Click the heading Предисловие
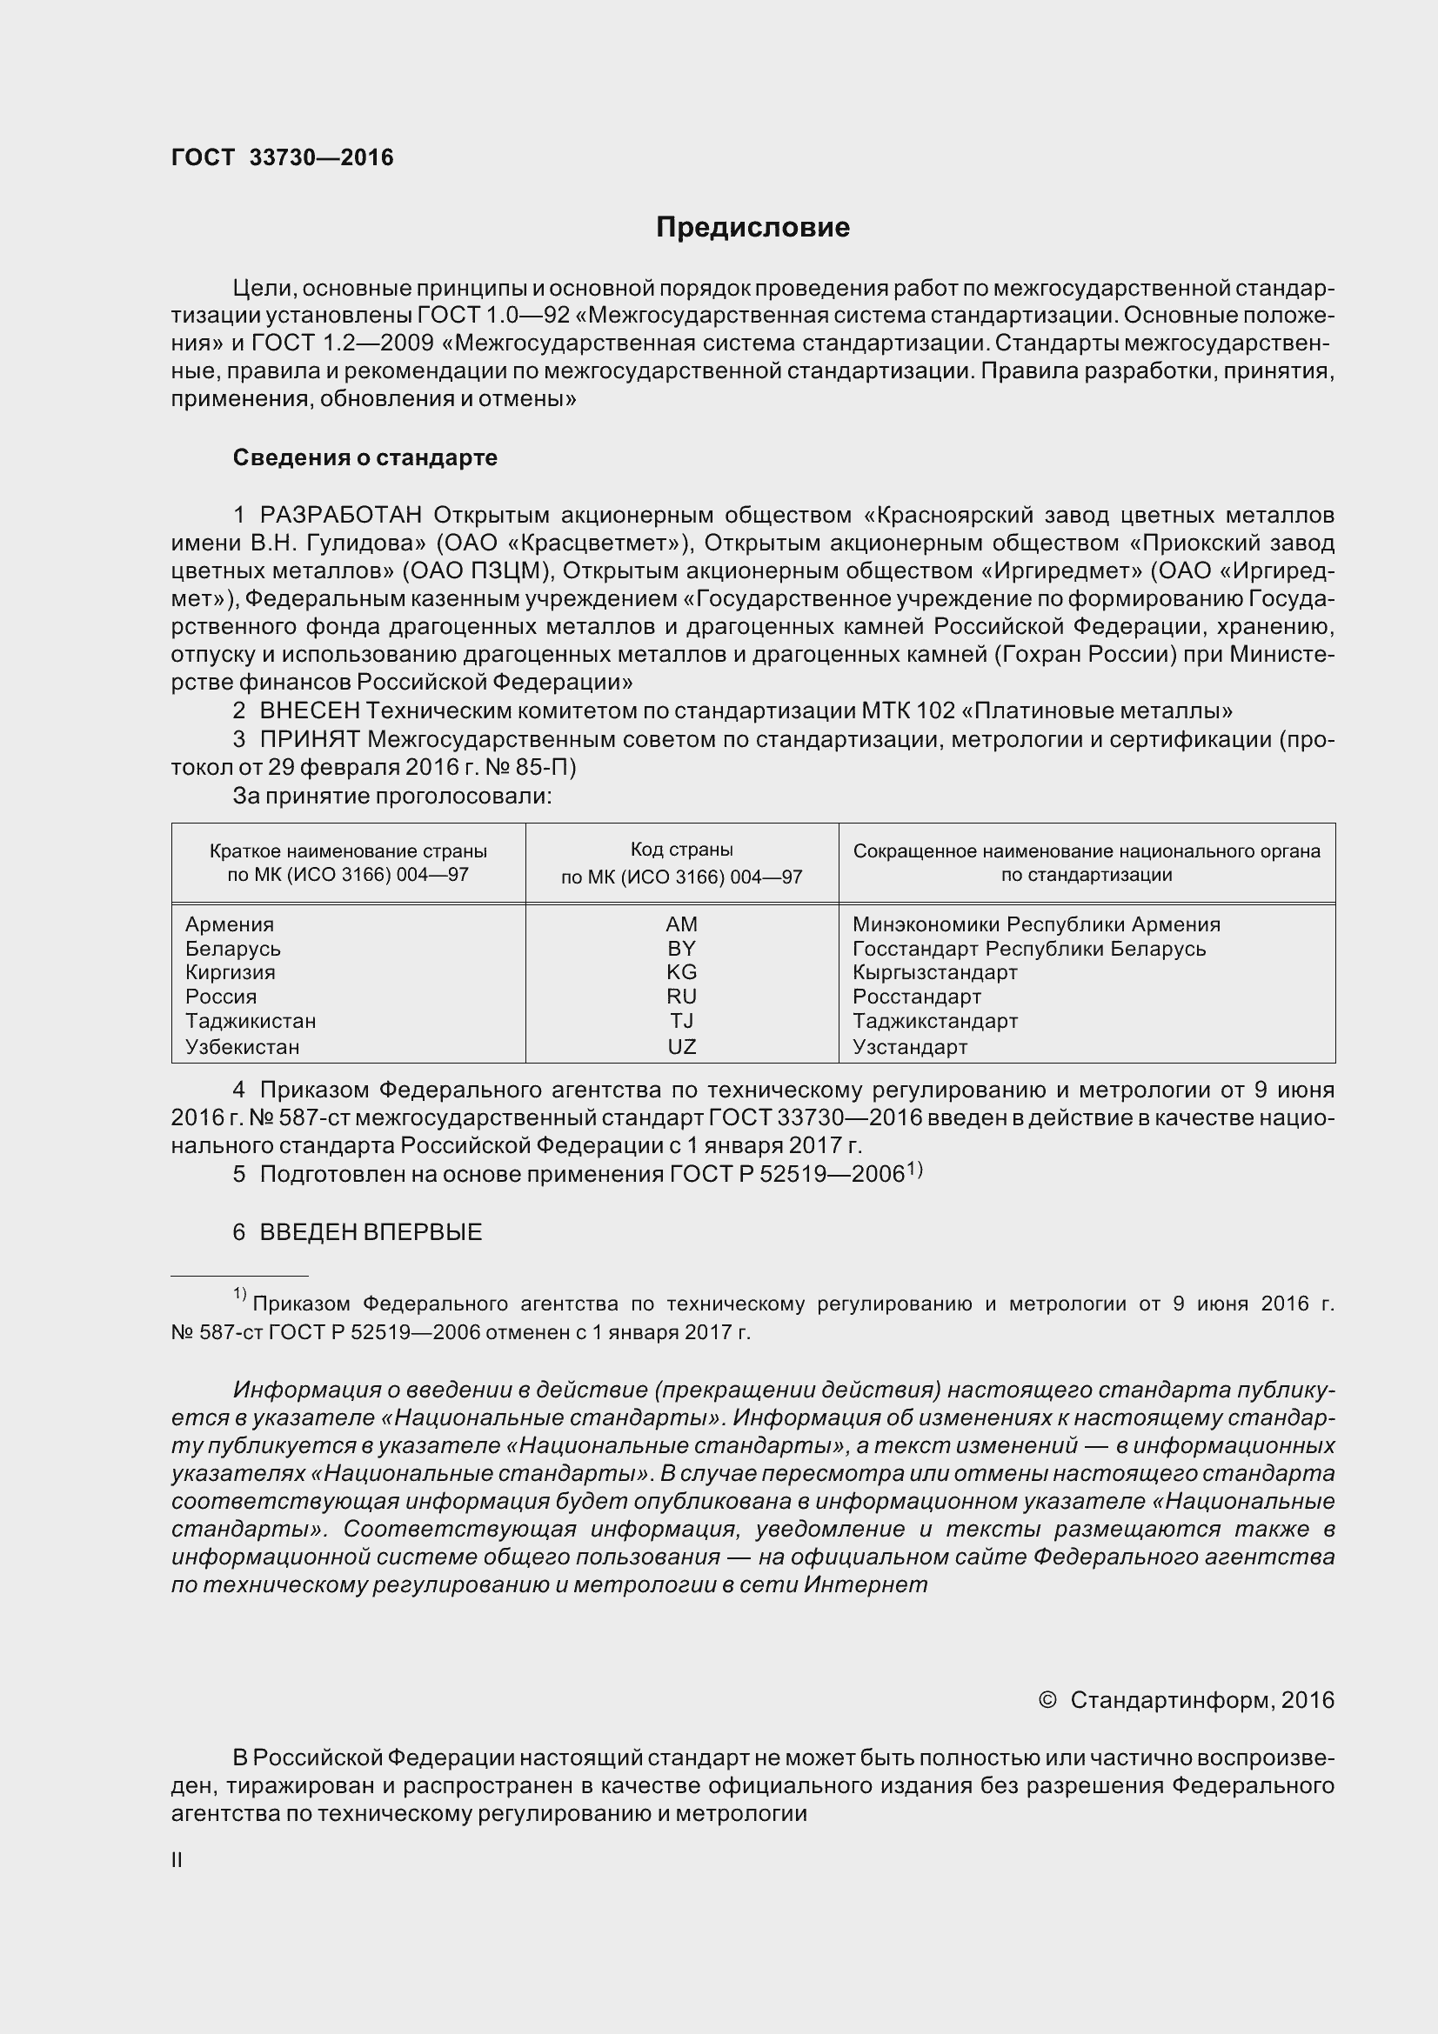[752, 228]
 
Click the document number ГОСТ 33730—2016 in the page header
[282, 157]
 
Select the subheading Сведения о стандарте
[365, 458]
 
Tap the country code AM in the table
[681, 924]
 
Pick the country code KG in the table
[681, 972]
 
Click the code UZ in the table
[681, 1046]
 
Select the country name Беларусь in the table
[232, 949]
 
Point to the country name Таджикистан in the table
[250, 1021]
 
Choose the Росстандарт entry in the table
[916, 997]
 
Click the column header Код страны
[681, 850]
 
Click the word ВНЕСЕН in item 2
[309, 710]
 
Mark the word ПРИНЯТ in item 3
[309, 739]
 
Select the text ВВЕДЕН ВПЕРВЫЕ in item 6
[371, 1232]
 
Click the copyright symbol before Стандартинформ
[1047, 1699]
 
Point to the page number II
[177, 1860]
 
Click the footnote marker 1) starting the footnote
[239, 1294]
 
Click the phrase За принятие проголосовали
[391, 796]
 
